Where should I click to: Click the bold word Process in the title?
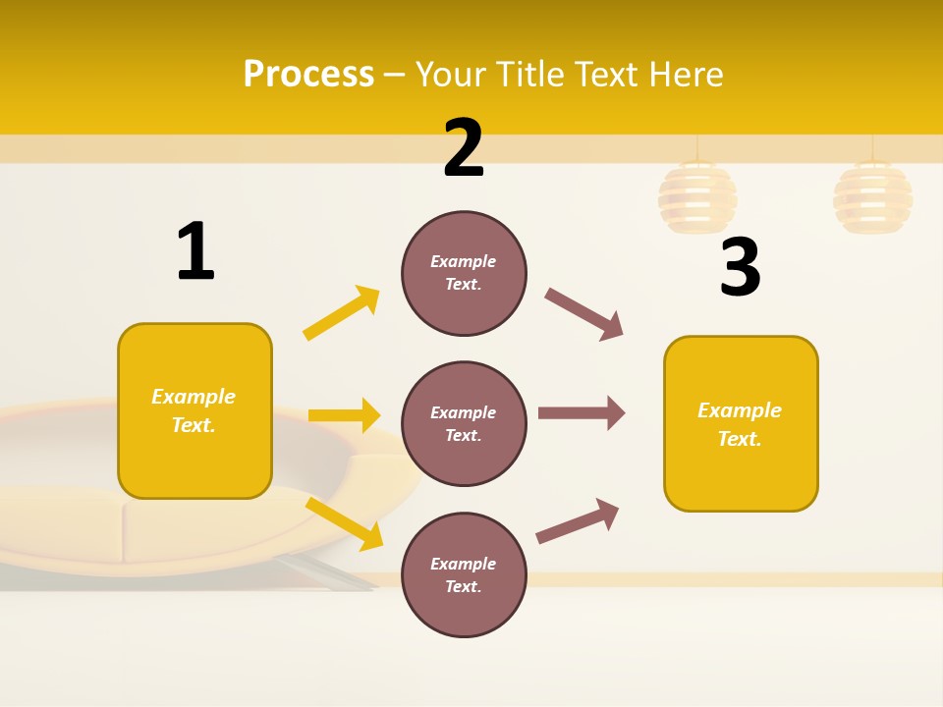pyautogui.click(x=308, y=74)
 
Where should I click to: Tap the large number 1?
pyautogui.click(x=195, y=251)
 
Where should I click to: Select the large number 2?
pyautogui.click(x=464, y=148)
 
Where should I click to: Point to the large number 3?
pyautogui.click(x=740, y=268)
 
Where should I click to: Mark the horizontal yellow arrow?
pyautogui.click(x=344, y=415)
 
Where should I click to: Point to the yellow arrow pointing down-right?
pyautogui.click(x=345, y=524)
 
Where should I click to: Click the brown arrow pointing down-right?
pyautogui.click(x=584, y=314)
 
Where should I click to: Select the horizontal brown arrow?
pyautogui.click(x=582, y=412)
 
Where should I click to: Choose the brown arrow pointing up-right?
pyautogui.click(x=578, y=521)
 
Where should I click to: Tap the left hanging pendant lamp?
pyautogui.click(x=696, y=196)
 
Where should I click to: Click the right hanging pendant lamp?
pyautogui.click(x=872, y=196)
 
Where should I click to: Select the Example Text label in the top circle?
pyautogui.click(x=464, y=273)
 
